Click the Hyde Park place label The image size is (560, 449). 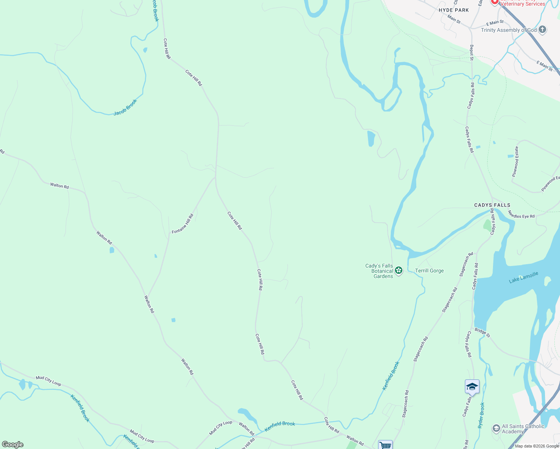[454, 10]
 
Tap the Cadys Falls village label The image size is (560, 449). [492, 205]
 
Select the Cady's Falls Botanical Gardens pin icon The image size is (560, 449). [399, 271]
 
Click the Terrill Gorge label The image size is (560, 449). [429, 271]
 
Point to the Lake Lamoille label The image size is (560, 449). [523, 277]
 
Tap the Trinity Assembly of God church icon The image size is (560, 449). [543, 30]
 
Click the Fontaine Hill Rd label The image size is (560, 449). [183, 224]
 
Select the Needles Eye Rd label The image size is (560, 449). [521, 214]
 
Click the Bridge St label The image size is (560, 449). [482, 332]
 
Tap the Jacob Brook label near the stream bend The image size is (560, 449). [125, 107]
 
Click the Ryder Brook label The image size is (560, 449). [481, 415]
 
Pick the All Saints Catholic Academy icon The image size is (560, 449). [496, 428]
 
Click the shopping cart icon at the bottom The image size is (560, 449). [385, 445]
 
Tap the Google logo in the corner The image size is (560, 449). [13, 445]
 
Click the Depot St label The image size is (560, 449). [472, 53]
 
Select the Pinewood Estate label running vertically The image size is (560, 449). [515, 162]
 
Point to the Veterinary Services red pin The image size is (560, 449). [494, 2]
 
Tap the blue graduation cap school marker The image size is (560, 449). [472, 387]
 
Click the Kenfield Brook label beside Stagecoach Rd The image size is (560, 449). [391, 376]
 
